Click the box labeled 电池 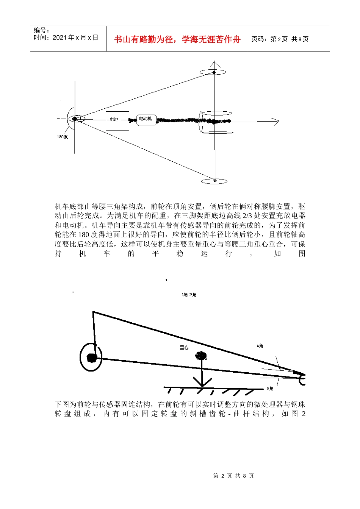point(117,121)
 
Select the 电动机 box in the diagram point(146,120)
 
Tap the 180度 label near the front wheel point(63,137)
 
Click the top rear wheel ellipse point(214,72)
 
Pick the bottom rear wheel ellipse point(214,181)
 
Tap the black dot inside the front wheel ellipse point(75,119)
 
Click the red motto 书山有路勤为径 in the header point(177,39)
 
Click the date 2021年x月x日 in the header point(66,37)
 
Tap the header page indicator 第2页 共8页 point(280,39)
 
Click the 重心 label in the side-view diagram point(184,348)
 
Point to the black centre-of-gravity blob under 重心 point(201,356)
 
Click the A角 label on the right point(260,346)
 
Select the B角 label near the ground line point(270,389)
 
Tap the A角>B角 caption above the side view point(189,295)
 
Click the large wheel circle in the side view point(91,358)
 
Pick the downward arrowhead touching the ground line point(202,383)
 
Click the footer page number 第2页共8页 point(233,476)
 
